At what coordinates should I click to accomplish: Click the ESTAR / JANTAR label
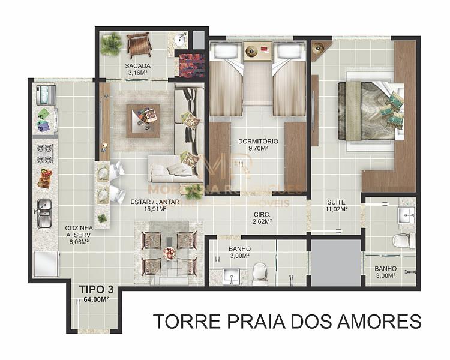coord(155,202)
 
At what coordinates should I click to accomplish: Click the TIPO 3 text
coord(95,289)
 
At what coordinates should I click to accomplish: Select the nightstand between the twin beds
coord(258,52)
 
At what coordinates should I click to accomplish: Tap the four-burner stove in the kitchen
coord(45,154)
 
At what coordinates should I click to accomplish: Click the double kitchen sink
coord(44,213)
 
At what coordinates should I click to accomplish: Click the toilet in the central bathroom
coord(260,273)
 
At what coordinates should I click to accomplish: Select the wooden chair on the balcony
coord(139,44)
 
